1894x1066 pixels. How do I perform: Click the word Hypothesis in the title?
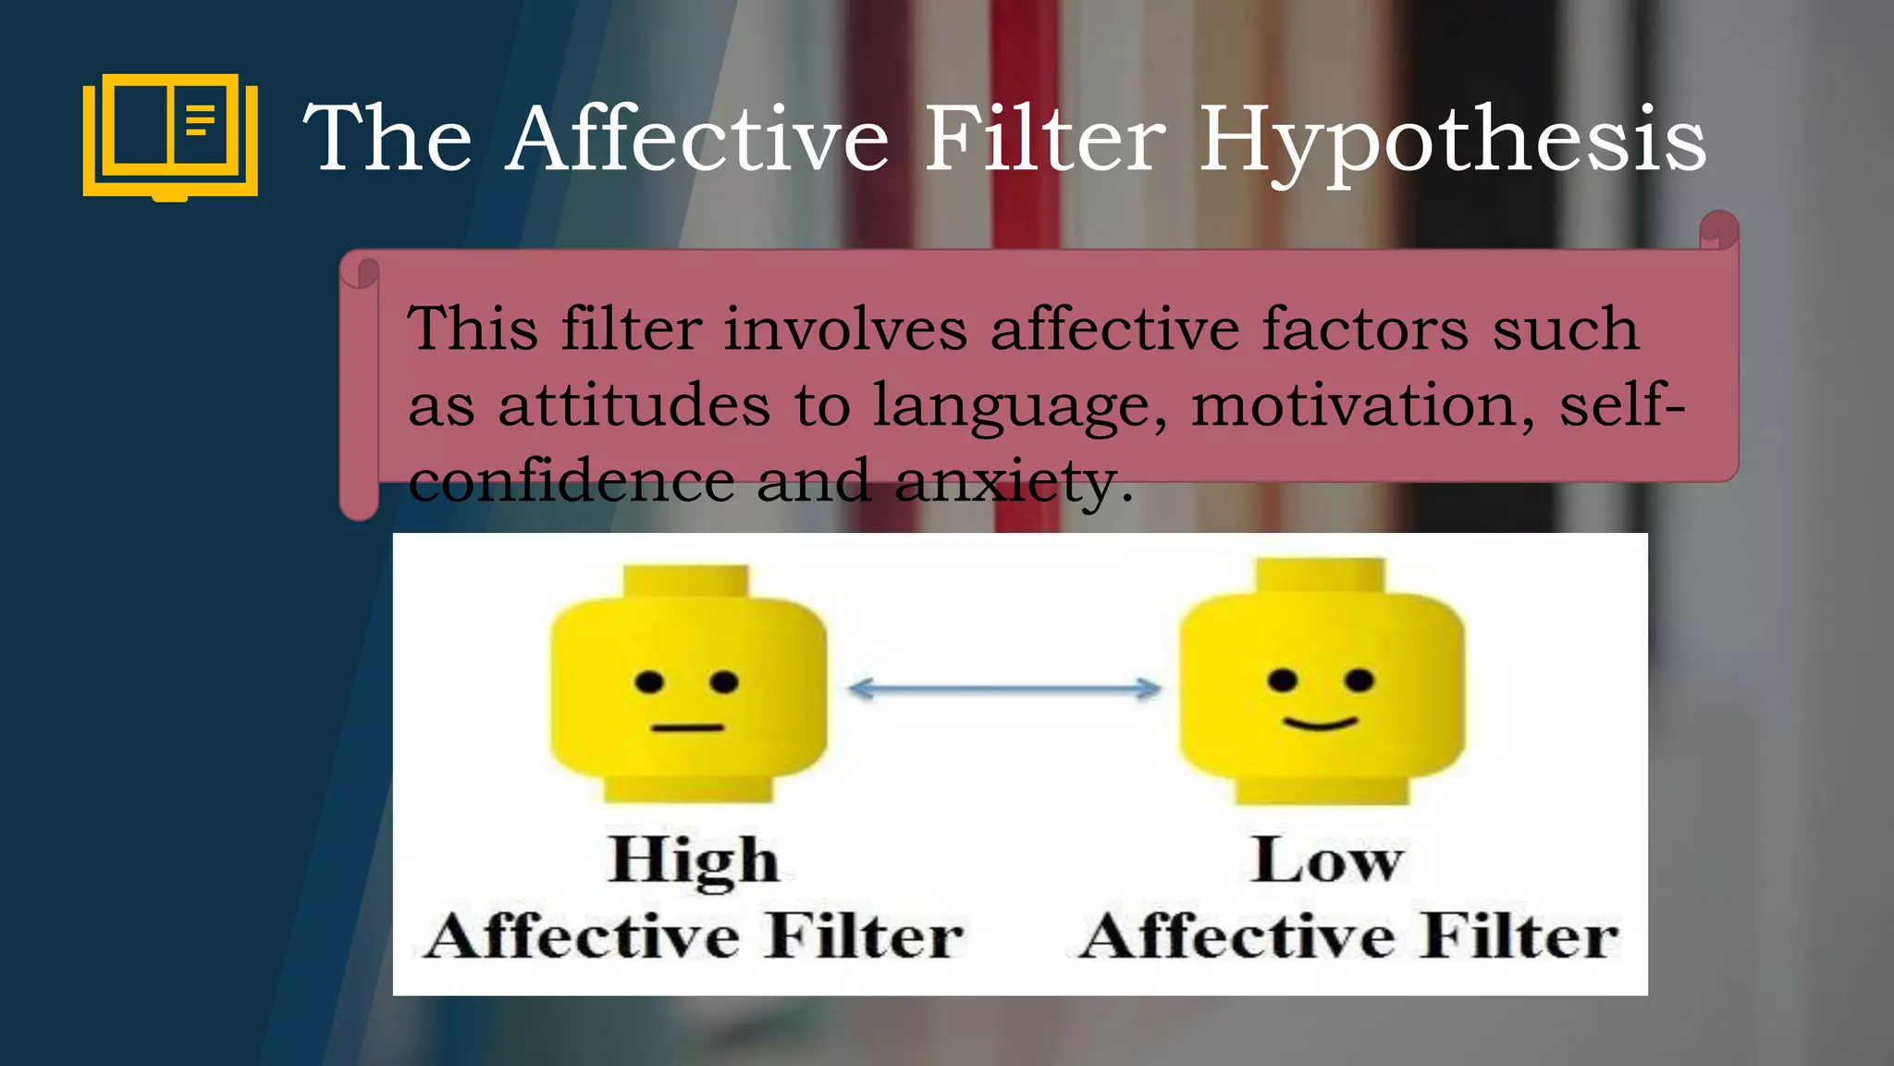coord(1452,141)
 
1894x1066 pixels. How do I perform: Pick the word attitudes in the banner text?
coord(633,406)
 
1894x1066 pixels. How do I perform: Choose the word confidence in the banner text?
coord(571,482)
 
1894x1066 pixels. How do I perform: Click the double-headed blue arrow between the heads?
coord(1004,688)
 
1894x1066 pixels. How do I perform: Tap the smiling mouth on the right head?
coord(1320,723)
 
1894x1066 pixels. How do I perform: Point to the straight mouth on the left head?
coord(686,727)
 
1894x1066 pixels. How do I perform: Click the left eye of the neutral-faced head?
coord(649,683)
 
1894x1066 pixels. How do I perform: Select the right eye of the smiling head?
coord(1359,681)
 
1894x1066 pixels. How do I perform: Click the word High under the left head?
coord(694,861)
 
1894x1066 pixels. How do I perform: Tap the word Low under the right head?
coord(1326,861)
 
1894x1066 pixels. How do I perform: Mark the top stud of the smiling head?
coord(1321,576)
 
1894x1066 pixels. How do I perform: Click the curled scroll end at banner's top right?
coord(1718,230)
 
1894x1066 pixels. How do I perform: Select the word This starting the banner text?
coord(473,329)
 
